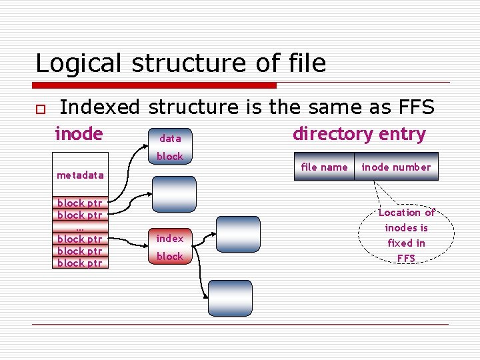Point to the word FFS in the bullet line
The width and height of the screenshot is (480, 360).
tap(413, 107)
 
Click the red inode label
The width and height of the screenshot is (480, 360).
tap(79, 134)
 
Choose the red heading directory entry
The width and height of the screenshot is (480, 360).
tap(359, 134)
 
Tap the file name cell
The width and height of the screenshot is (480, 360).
tap(324, 167)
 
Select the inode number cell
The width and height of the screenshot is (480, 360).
tap(396, 167)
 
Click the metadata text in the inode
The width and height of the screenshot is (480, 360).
tap(80, 175)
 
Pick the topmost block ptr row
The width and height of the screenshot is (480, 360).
tap(80, 203)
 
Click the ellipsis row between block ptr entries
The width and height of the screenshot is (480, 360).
tap(80, 227)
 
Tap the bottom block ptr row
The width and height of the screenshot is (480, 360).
tap(80, 263)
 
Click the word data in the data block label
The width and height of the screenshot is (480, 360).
tap(170, 139)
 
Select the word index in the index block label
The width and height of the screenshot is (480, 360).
tap(170, 238)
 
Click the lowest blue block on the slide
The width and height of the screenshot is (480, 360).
tap(230, 298)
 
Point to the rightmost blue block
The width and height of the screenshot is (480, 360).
tap(237, 235)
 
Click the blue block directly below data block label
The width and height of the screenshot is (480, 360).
tap(174, 194)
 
